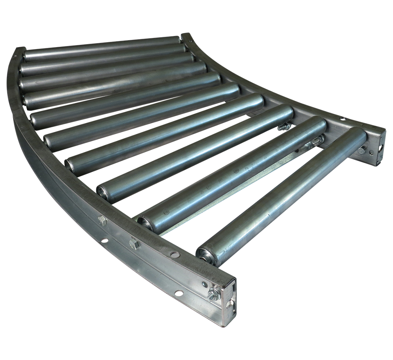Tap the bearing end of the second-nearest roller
click(x=145, y=220)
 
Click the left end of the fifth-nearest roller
click(x=49, y=140)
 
